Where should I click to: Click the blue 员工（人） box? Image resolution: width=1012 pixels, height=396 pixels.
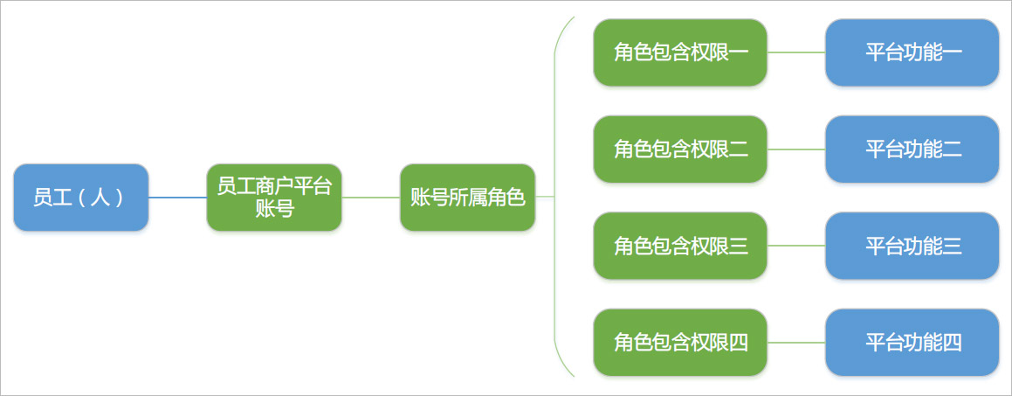tap(81, 197)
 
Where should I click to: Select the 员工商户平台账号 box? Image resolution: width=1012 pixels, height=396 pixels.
tap(274, 197)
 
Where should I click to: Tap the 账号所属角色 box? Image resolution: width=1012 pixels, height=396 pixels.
tap(468, 197)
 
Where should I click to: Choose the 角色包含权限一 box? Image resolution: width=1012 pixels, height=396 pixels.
tap(680, 52)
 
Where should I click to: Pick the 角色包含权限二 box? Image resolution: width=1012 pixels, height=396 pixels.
tap(680, 149)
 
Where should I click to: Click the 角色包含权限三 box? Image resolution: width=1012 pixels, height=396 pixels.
tap(680, 246)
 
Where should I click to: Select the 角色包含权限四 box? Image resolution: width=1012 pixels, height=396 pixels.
tap(680, 343)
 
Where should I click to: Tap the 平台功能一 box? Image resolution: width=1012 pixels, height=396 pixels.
tap(912, 52)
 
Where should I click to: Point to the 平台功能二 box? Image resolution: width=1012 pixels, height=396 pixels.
tap(912, 149)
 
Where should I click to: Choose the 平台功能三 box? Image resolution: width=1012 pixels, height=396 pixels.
tap(912, 246)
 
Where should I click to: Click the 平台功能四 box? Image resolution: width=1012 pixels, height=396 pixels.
tap(912, 343)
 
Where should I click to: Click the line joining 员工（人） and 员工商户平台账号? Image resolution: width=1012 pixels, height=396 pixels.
tap(178, 197)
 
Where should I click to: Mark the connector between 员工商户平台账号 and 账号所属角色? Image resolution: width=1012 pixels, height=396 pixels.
tap(371, 197)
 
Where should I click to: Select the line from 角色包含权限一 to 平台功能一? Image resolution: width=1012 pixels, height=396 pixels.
tap(796, 52)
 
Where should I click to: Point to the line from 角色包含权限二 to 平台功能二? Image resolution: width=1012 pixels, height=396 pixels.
tap(796, 149)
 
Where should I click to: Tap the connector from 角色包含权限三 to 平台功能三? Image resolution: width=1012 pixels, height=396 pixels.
tap(796, 246)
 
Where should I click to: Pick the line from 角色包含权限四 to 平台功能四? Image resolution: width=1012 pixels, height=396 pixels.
tap(796, 343)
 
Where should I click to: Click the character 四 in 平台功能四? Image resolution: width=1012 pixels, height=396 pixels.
tap(953, 343)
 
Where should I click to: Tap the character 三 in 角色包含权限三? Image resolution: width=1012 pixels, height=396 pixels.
tap(739, 247)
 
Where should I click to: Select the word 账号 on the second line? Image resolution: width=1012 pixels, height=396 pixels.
tap(274, 209)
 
